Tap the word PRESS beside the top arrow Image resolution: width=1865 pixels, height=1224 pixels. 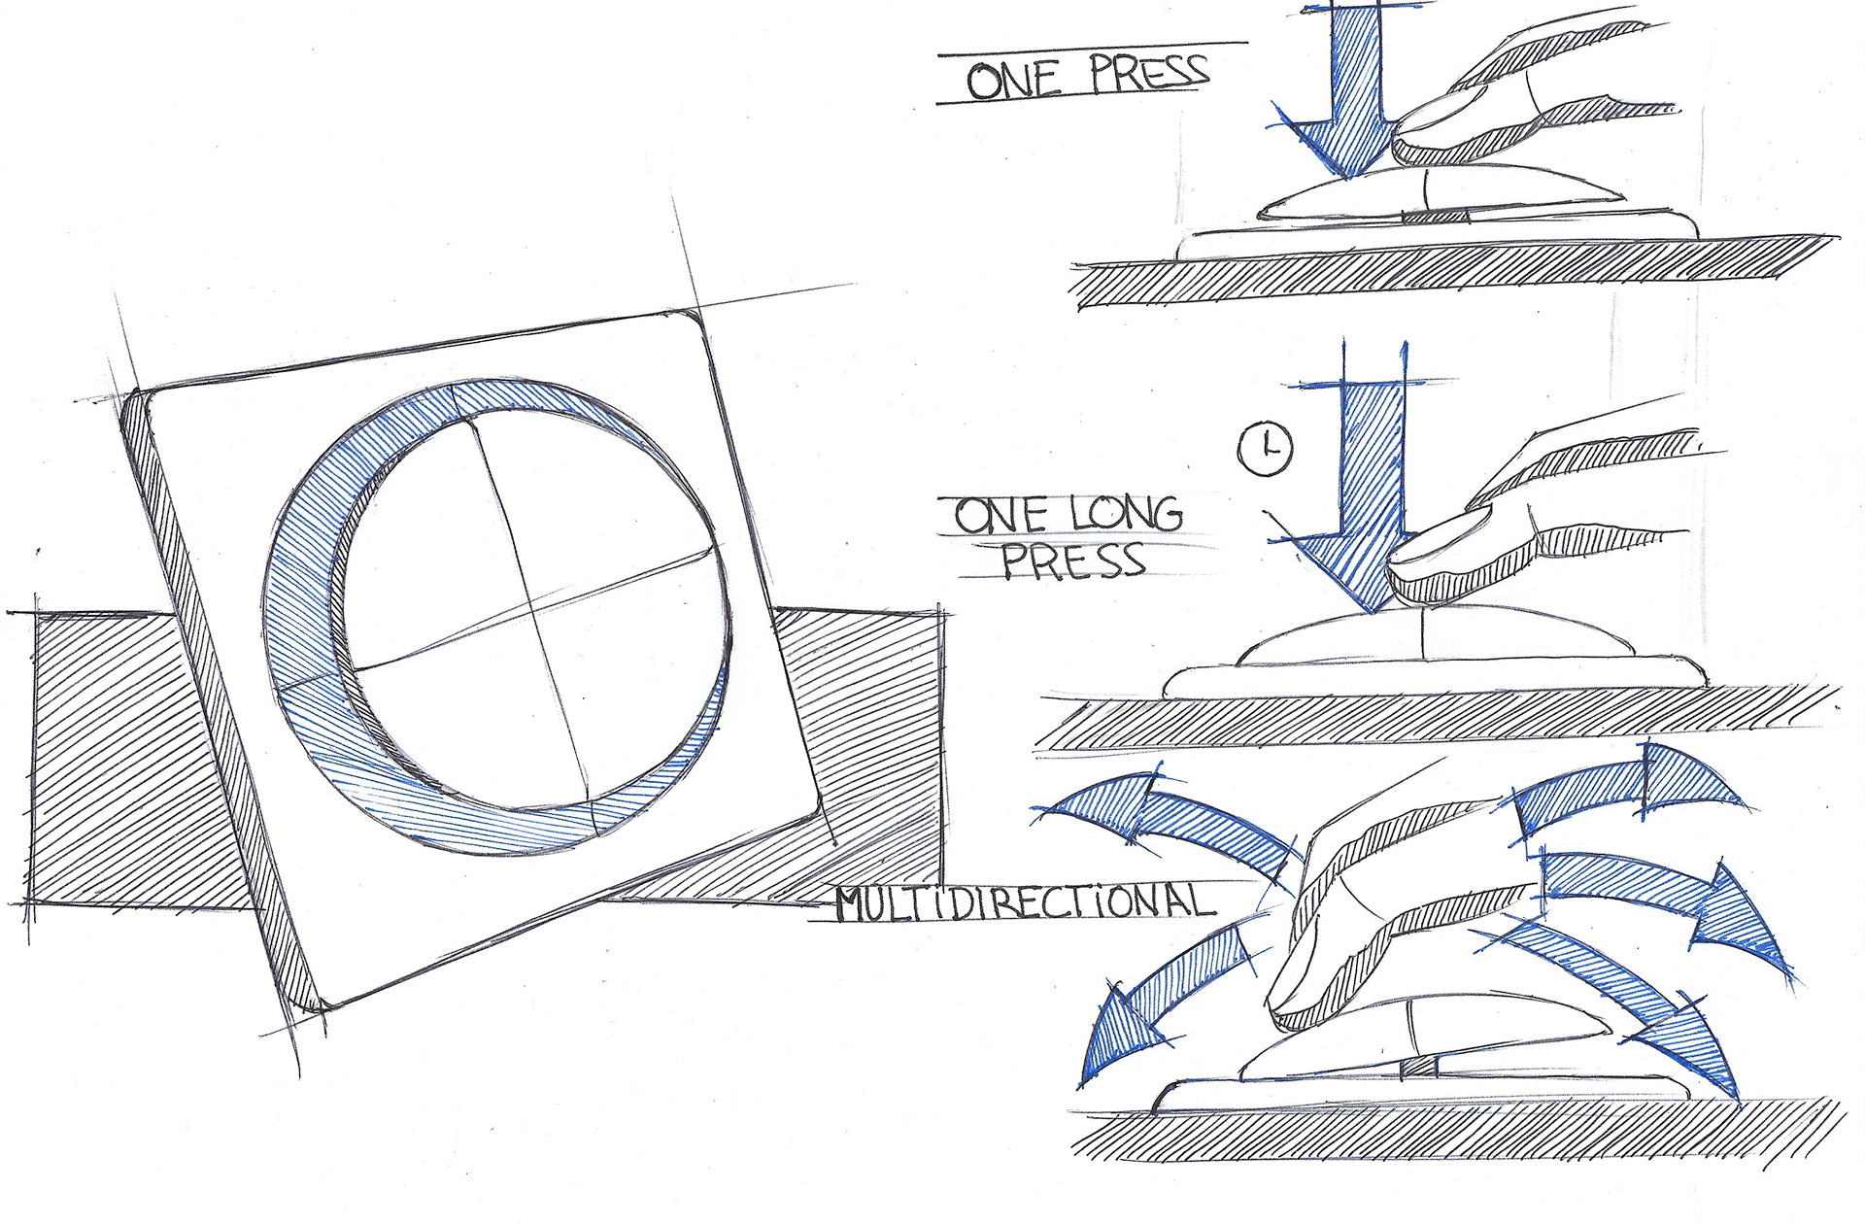[1148, 72]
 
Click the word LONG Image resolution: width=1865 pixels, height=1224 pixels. [1127, 514]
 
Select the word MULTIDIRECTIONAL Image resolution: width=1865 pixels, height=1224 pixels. [1026, 901]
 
